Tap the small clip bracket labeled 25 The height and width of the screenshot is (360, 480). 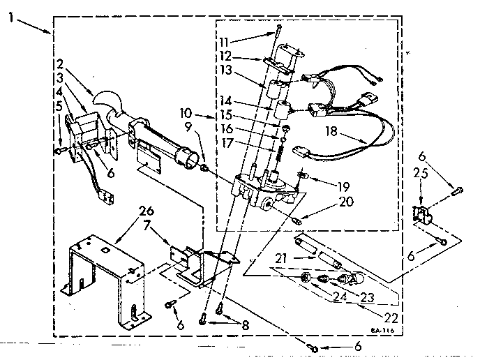[x=421, y=213]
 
